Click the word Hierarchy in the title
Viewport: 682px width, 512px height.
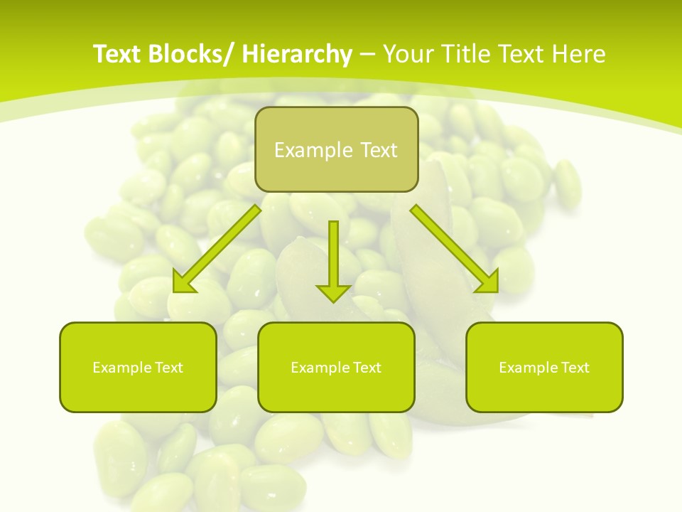(296, 54)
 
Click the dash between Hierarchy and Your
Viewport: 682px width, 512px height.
(367, 55)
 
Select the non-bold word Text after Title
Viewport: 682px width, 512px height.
(521, 54)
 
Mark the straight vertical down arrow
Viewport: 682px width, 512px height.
(333, 260)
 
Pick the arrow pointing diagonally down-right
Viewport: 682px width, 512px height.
(455, 249)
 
